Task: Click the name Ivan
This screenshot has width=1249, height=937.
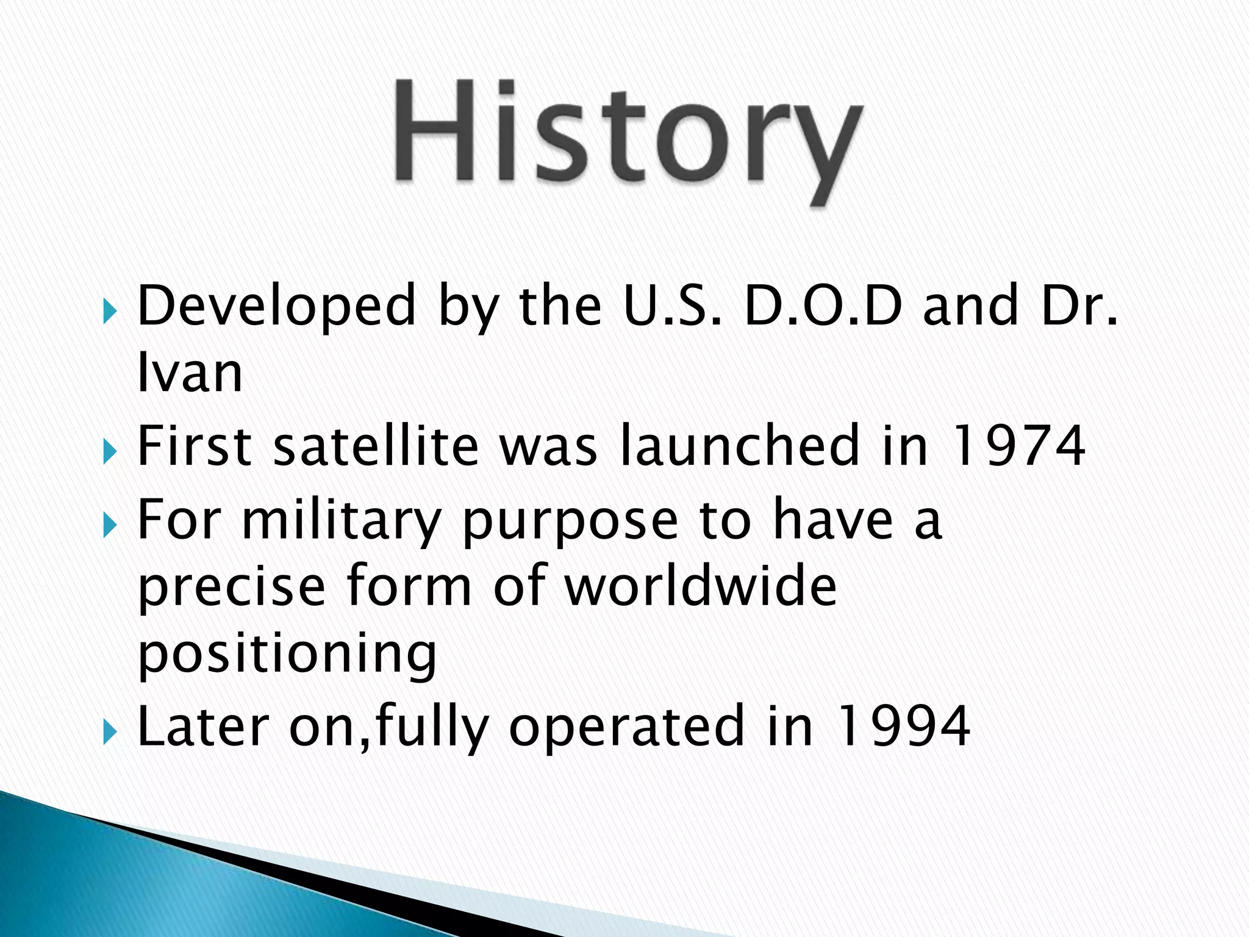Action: (190, 373)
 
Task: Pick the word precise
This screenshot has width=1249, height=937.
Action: (232, 587)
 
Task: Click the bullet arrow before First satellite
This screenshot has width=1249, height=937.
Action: (110, 453)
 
